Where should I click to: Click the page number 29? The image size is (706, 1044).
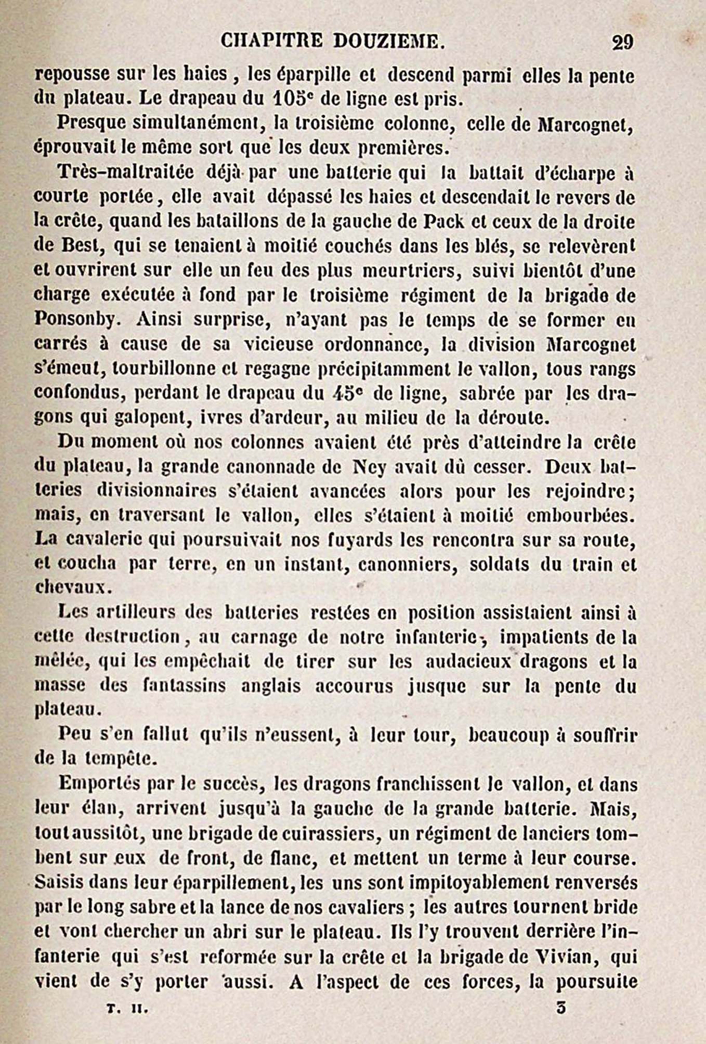622,42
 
